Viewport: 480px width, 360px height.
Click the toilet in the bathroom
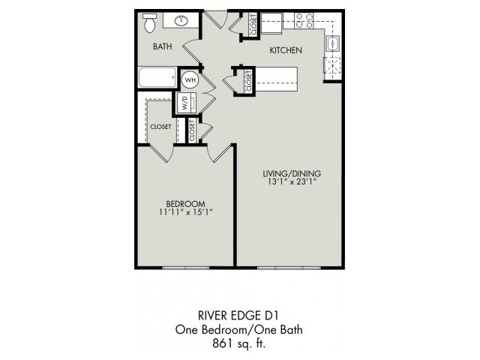150,23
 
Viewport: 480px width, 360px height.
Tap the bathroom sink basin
181,20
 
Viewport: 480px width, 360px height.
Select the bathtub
157,77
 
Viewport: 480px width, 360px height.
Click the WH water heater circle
190,80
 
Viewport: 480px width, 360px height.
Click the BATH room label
163,46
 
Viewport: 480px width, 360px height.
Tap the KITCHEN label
286,50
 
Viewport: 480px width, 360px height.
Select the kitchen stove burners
304,21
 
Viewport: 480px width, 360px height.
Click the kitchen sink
333,43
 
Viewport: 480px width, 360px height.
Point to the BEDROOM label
186,203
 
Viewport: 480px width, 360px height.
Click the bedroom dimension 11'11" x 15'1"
186,211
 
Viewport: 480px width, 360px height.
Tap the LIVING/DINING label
292,173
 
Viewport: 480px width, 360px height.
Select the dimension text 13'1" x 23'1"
292,181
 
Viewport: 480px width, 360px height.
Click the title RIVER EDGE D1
238,315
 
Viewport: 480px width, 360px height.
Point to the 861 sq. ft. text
239,343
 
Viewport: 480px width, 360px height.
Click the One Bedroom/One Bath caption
238,330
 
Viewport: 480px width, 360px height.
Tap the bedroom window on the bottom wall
186,268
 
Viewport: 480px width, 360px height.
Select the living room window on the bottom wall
289,268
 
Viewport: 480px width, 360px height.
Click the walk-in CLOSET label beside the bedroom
160,127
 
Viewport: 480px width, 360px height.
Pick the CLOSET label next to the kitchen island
248,81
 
